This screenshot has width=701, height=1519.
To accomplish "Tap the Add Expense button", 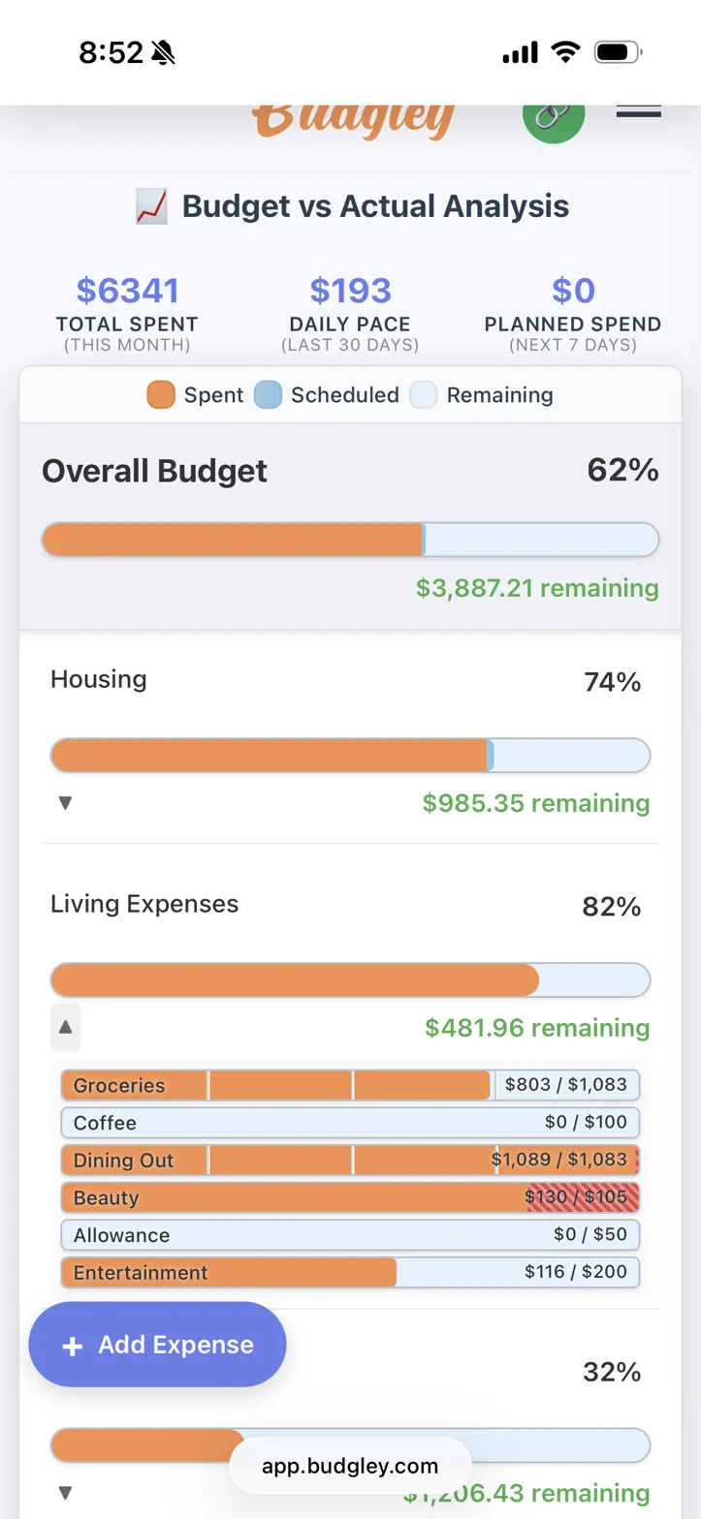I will point(158,1345).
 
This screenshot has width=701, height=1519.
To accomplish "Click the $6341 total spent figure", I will point(127,290).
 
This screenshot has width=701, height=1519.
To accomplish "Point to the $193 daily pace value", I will point(350,290).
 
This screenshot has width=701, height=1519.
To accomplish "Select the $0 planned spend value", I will point(572,290).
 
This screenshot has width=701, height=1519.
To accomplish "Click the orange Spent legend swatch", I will point(161,395).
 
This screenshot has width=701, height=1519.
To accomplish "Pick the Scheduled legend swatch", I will point(268,395).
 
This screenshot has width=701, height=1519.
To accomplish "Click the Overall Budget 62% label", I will point(622,471).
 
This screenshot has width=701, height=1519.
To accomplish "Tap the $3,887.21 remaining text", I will point(537,588).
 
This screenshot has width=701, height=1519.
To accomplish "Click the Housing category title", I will point(99,679).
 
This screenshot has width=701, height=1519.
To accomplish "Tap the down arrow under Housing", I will point(66,803).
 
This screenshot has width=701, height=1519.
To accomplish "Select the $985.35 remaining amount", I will point(536,803).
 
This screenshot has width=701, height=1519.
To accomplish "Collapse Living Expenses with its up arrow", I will point(66,1027).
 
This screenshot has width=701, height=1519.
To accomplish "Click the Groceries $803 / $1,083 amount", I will point(565,1085).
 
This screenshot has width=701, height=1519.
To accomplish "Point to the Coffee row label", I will point(105,1123).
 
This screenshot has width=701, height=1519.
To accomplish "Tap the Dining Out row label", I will point(123,1161).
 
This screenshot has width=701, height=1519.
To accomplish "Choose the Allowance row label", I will point(121,1235).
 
